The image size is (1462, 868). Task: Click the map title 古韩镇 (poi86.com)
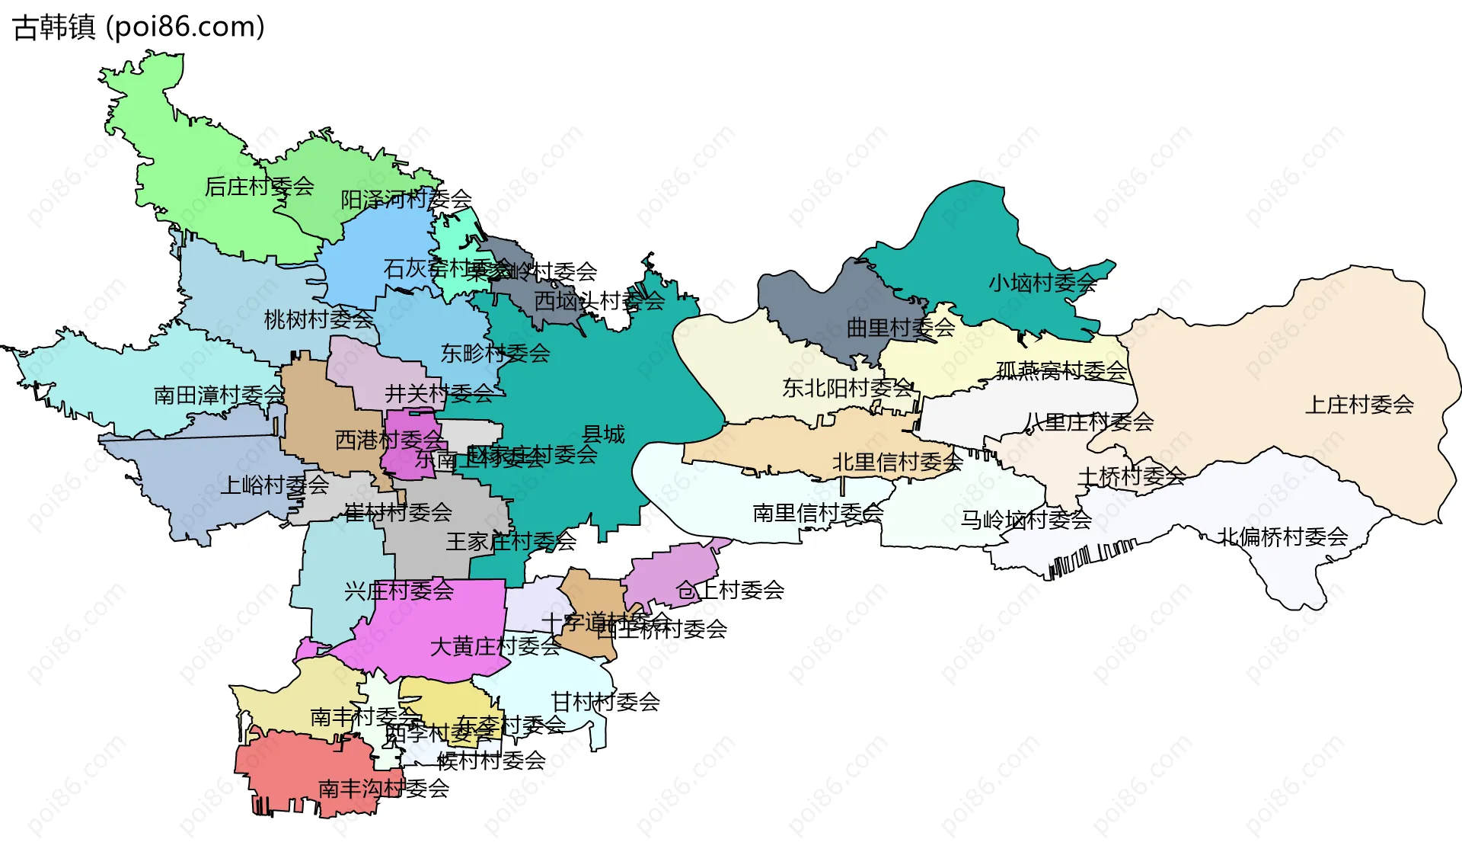coord(139,27)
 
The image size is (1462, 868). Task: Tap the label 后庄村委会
coord(260,187)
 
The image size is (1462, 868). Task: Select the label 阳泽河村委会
coord(406,200)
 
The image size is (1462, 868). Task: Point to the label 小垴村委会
coord(1042,283)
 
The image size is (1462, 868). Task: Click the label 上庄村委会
coord(1359,405)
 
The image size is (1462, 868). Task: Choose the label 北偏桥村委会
coord(1282,537)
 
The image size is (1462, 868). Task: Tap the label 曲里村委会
coord(901,328)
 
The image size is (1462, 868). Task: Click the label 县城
coord(603,435)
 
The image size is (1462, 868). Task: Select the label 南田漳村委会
coord(219,396)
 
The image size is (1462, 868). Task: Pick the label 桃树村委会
coord(318,320)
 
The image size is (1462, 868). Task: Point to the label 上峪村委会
coord(274,485)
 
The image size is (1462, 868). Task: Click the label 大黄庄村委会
coord(495,647)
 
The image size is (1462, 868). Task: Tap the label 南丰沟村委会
coord(383,789)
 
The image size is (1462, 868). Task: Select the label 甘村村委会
coord(605,702)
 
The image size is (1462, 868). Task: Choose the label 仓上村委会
coord(729,590)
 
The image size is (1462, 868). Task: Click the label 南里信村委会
coord(818,514)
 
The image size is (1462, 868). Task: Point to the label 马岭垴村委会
coord(1026,520)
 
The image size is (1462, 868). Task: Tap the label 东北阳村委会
coord(847,389)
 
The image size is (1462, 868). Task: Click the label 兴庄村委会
coord(399,591)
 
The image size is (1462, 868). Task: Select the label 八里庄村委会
coord(1089,422)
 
